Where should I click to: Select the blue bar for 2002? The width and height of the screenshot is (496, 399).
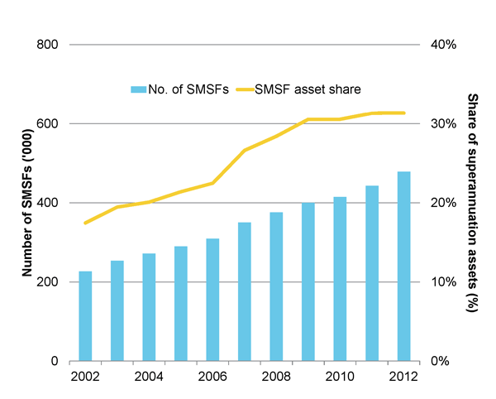coord(85,316)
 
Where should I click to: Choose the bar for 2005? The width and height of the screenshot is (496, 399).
coord(181,304)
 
